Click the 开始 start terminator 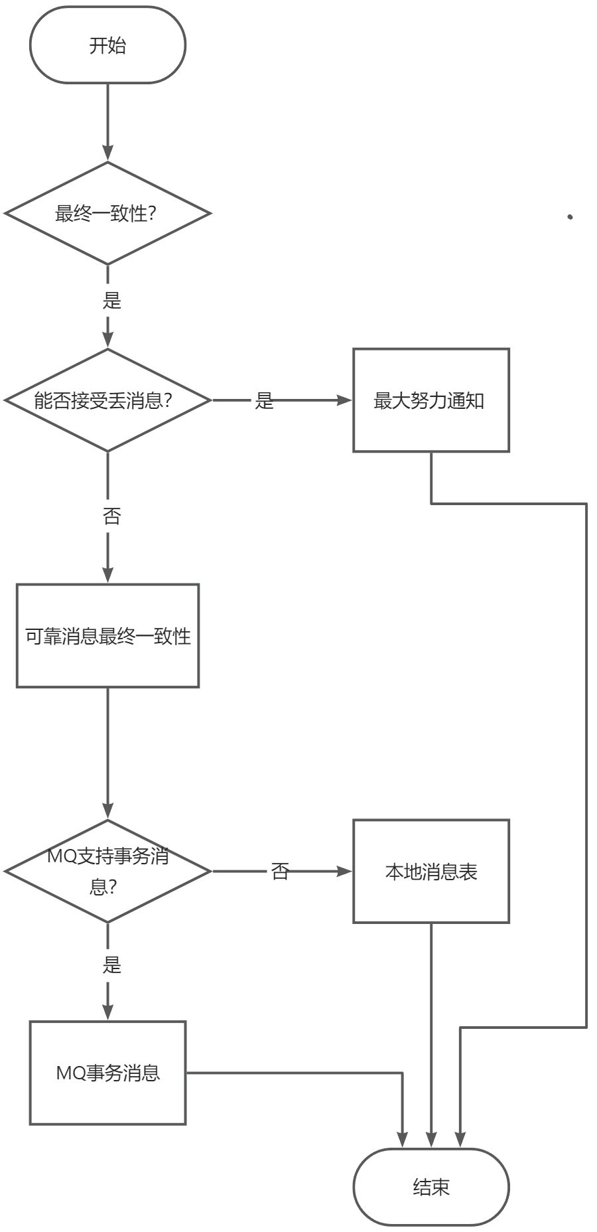pos(107,45)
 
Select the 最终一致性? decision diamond pos(107,214)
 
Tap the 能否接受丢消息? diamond pos(107,400)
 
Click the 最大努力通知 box pos(431,400)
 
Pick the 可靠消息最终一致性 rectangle pos(107,636)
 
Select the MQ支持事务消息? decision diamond pos(107,871)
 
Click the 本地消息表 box pos(431,871)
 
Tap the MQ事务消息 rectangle pos(107,1073)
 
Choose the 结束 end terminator pos(431,1187)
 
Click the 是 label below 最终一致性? pos(111,300)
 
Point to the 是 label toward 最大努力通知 pos(264,400)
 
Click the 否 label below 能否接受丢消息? pos(111,516)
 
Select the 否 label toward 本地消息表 pos(280,871)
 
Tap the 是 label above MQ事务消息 pos(111,964)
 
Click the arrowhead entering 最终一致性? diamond pos(107,154)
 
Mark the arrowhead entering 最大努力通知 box pos(345,400)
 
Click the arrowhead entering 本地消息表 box pos(345,871)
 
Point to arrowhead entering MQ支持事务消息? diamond pos(107,811)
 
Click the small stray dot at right pos(570,217)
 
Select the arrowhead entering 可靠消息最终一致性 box pos(107,576)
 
